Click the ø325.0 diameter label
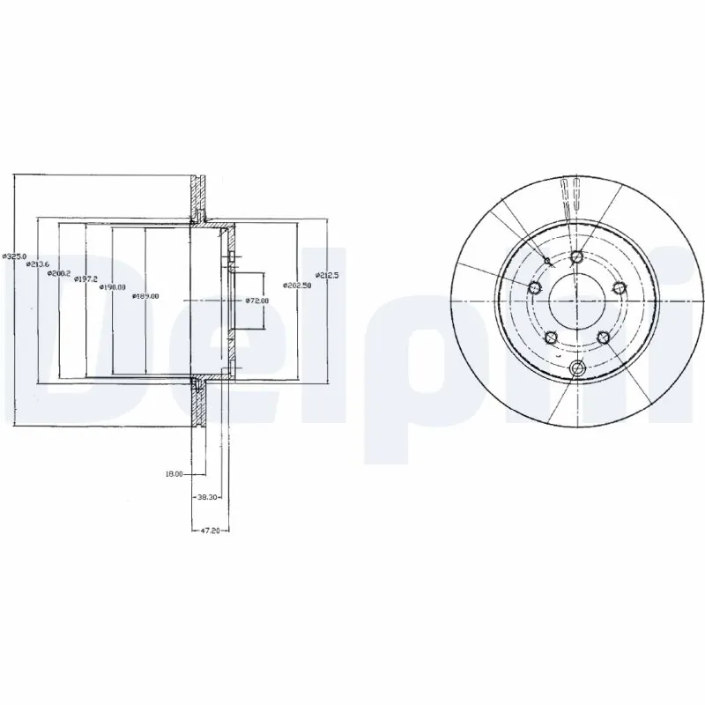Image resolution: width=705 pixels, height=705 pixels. click(x=14, y=256)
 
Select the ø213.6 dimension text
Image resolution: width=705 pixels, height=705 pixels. click(x=38, y=263)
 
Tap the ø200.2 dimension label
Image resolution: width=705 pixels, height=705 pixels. click(x=60, y=272)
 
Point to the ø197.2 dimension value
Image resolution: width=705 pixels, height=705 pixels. click(x=85, y=279)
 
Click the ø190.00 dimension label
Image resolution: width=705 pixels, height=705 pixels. click(x=112, y=287)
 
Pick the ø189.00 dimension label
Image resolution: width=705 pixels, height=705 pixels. click(x=145, y=296)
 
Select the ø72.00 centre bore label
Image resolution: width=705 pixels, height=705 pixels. click(x=257, y=301)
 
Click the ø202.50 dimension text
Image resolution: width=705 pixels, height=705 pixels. click(x=297, y=285)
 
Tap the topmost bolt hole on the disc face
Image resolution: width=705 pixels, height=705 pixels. click(x=576, y=257)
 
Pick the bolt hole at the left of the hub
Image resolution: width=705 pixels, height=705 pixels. click(x=534, y=288)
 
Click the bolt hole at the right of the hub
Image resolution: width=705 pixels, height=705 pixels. click(x=618, y=288)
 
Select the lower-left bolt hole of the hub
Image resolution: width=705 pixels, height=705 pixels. click(x=550, y=337)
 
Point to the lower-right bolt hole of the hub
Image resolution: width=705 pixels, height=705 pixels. click(x=603, y=337)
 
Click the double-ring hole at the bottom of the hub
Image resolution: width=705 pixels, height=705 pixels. click(x=576, y=368)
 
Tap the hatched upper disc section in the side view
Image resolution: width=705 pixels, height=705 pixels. click(x=199, y=196)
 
